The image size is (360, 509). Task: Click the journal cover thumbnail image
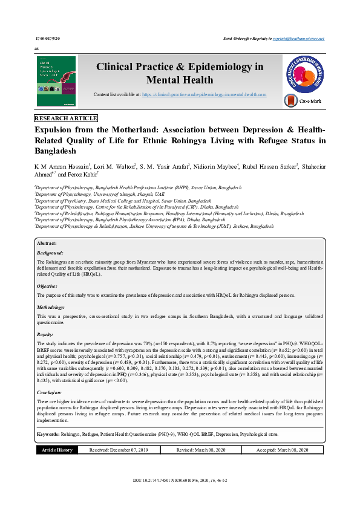click(x=56, y=82)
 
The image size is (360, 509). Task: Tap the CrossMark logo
click(x=303, y=101)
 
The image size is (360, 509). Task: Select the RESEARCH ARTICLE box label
click(x=66, y=118)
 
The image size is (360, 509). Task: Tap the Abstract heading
click(x=48, y=242)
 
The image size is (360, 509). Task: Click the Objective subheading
click(x=48, y=285)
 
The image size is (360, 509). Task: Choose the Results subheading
click(x=45, y=334)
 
